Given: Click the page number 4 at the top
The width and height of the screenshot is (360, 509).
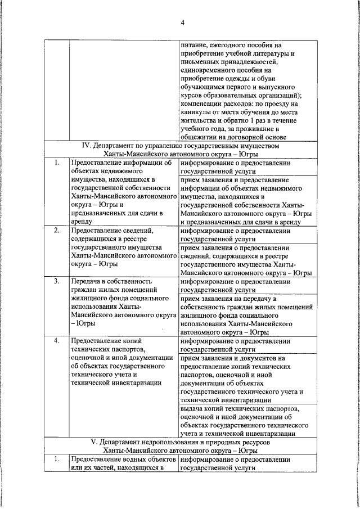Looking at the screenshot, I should pos(182,22).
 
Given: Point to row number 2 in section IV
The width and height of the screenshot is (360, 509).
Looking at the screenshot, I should pos(56,231).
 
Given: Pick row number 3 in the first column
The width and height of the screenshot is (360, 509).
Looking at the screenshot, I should pos(56,281).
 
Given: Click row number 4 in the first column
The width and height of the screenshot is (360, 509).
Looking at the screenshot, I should pos(56,341).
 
